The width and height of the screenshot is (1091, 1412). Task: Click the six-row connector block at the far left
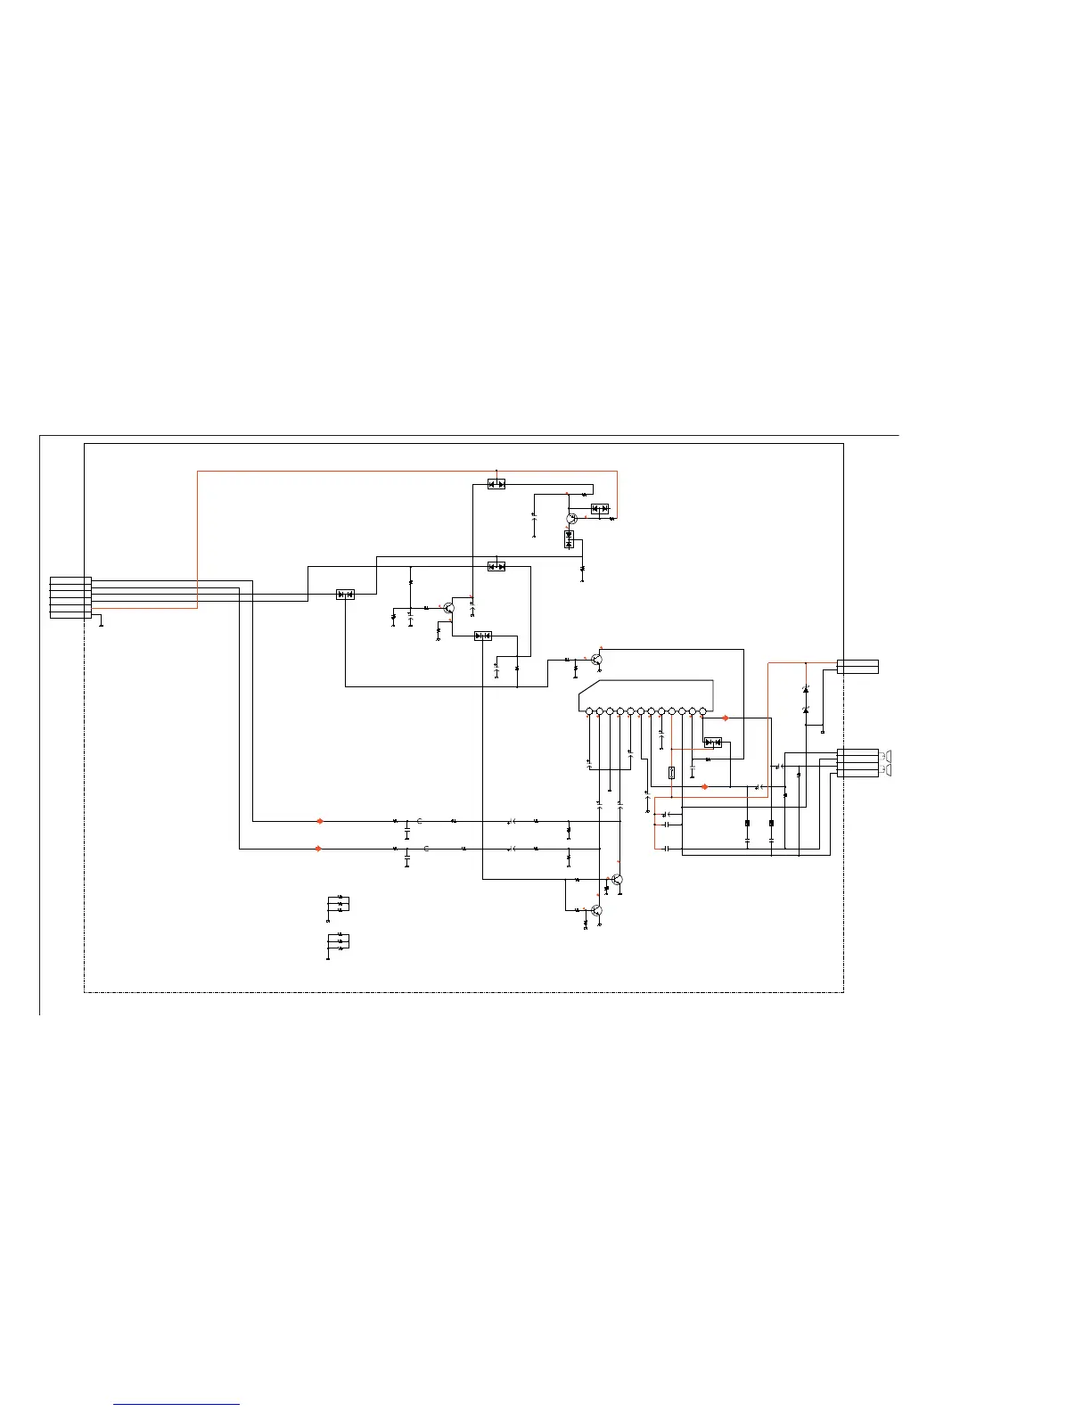[70, 597]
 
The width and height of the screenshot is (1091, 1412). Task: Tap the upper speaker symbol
[886, 756]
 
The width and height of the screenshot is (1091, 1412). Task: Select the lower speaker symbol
[886, 769]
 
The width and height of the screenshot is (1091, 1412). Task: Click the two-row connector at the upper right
[857, 667]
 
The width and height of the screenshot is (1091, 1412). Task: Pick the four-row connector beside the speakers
[857, 764]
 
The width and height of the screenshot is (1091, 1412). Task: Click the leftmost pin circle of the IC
[590, 711]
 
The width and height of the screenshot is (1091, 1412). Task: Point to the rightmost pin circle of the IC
[702, 711]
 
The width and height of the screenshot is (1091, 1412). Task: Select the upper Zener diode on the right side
[806, 689]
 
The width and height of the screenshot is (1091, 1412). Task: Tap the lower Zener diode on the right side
[806, 710]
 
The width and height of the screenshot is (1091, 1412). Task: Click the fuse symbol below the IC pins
[671, 773]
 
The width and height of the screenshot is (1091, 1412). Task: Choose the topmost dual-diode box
[496, 484]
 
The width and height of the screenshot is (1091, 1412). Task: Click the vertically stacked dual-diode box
[569, 539]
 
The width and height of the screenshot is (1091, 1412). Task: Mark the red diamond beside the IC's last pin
[725, 718]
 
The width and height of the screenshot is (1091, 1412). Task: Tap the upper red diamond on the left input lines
[320, 821]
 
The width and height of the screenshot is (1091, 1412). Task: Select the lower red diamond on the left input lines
[318, 849]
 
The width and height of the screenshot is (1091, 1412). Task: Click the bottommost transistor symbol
[596, 910]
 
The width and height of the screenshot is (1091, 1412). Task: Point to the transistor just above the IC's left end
[596, 661]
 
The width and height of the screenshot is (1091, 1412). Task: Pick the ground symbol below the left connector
[101, 625]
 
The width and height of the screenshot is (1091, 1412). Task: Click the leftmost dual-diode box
[345, 595]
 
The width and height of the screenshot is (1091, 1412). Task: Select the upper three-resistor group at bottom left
[340, 904]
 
